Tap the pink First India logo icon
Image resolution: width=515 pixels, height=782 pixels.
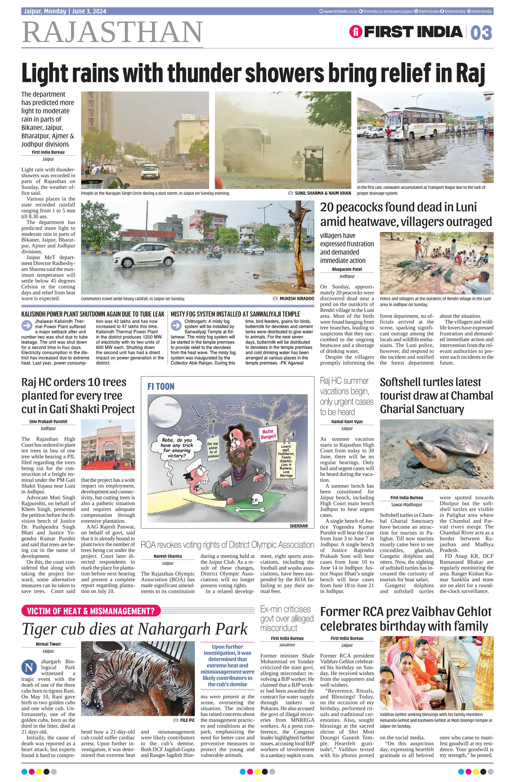(356, 32)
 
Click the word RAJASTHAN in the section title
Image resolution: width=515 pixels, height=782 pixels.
(112, 32)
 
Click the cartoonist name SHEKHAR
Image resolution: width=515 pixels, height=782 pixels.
(298, 526)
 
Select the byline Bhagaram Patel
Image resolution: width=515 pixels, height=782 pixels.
(347, 269)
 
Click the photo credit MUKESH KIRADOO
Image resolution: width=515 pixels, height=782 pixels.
(296, 299)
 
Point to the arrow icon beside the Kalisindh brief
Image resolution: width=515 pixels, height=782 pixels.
(26, 325)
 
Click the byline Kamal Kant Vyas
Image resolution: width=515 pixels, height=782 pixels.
(347, 422)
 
